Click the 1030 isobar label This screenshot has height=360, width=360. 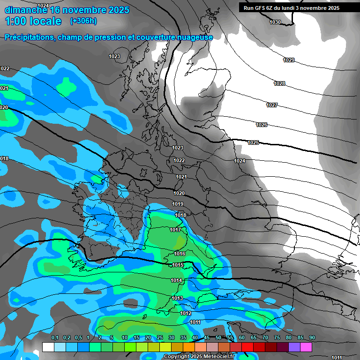(275, 22)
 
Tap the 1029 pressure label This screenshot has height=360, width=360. (289, 60)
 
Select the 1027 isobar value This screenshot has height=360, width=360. (272, 105)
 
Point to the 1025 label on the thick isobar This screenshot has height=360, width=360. (253, 142)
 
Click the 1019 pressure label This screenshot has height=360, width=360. (178, 204)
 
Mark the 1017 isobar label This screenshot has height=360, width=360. (175, 230)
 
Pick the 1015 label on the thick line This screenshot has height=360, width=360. (178, 265)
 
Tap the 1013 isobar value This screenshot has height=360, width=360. (177, 299)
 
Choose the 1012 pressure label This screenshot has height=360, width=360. (186, 314)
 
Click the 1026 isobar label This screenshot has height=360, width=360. (262, 125)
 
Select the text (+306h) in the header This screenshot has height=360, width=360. (83, 21)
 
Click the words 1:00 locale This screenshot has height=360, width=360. (33, 21)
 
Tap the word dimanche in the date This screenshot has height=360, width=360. (26, 9)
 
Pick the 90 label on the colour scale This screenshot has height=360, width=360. (312, 338)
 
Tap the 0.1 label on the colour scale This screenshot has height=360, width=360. (54, 338)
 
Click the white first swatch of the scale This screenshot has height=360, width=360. (48, 347)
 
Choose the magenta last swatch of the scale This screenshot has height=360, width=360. (306, 347)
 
